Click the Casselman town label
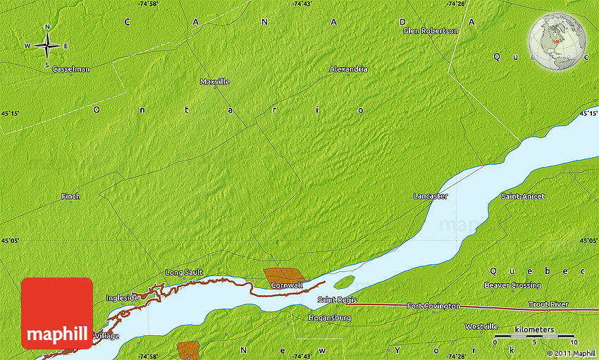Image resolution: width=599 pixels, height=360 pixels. click(70, 70)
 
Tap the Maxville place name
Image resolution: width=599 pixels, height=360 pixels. click(215, 82)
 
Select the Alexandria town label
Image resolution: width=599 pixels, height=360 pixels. click(348, 70)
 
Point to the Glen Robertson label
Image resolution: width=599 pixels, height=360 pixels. click(430, 31)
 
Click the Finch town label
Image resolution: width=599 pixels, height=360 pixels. click(70, 197)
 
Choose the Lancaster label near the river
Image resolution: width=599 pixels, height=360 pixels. click(430, 197)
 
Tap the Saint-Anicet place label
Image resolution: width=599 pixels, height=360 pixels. click(522, 197)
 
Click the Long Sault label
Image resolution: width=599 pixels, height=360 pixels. click(184, 273)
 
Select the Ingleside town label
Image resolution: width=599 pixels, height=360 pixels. click(122, 298)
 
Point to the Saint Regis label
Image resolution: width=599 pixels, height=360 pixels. click(335, 301)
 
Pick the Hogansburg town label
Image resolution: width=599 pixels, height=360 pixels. click(329, 318)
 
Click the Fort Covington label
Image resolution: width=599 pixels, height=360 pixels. click(433, 306)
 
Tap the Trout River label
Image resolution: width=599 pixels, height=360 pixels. click(548, 304)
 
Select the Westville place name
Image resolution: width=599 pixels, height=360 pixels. click(481, 327)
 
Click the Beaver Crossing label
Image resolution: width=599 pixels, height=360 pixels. click(512, 285)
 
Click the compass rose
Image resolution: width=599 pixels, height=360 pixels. click(47, 46)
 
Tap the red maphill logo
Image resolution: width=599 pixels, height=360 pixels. click(57, 314)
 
